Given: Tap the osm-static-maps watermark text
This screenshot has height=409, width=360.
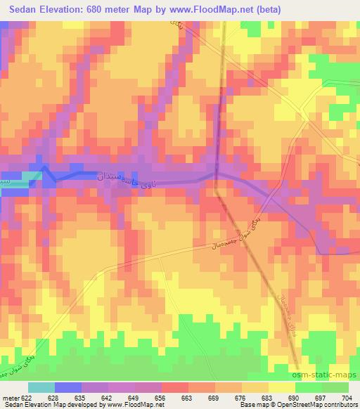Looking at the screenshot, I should pyautogui.click(x=330, y=376).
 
